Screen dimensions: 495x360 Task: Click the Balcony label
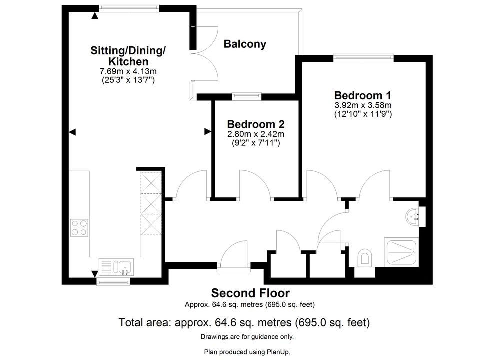click(245, 44)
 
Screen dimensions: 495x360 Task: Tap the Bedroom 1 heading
click(362, 95)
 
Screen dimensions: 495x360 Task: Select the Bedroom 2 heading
click(256, 124)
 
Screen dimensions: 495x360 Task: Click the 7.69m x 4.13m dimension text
click(128, 71)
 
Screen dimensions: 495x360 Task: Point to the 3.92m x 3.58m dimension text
click(363, 105)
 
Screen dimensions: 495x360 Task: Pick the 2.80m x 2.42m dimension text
click(256, 134)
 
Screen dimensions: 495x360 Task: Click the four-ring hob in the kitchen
click(79, 228)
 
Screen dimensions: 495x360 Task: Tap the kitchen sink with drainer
click(116, 267)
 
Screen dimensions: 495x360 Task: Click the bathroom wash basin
click(414, 216)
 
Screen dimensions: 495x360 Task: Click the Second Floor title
click(250, 293)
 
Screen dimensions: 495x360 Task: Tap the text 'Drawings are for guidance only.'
click(247, 337)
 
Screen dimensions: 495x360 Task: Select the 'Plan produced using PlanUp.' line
click(247, 352)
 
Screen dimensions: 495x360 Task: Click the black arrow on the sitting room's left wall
click(72, 132)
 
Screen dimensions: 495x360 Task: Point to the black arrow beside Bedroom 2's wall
click(207, 131)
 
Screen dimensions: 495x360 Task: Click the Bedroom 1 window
click(363, 58)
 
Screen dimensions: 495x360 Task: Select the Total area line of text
click(244, 322)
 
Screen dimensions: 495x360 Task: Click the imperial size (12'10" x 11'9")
click(363, 114)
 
